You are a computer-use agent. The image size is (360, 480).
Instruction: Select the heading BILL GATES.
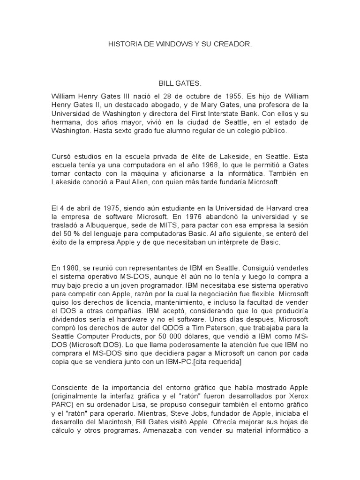point(180,84)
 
